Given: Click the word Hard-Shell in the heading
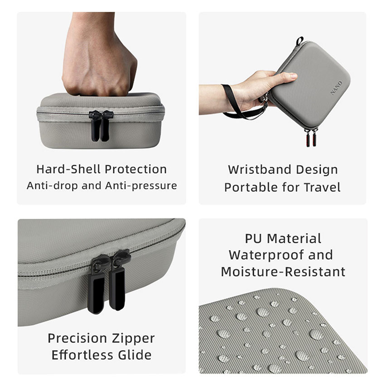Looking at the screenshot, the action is click(x=68, y=169).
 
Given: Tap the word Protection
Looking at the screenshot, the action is click(x=136, y=169).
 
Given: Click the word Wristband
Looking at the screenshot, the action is click(x=260, y=169).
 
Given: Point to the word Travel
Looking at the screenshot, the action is click(x=322, y=187).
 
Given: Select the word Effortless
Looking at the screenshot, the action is click(x=82, y=355).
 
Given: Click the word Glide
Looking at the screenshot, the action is click(x=135, y=355).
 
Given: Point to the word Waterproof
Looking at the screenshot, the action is click(x=267, y=255).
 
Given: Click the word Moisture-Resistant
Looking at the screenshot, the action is click(x=283, y=272).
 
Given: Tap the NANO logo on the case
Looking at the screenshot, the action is click(x=337, y=88).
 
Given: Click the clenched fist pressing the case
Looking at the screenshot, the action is click(x=100, y=54).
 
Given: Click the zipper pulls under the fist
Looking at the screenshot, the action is click(x=101, y=125).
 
